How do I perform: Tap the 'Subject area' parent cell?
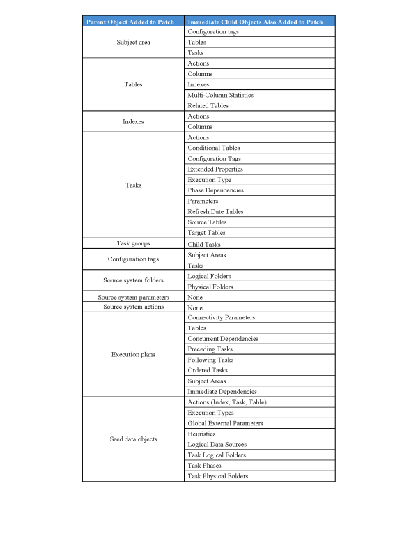pos(133,42)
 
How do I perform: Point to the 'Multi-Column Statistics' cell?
pos(220,95)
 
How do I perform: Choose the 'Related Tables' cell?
pos(208,106)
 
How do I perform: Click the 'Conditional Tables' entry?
pos(214,148)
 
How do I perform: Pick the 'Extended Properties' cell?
pos(215,169)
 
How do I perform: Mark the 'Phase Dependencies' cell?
pos(215,190)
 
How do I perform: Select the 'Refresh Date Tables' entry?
pos(215,211)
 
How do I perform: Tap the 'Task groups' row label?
pos(133,243)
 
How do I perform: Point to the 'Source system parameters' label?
pos(133,297)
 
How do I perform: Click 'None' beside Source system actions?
pos(196,307)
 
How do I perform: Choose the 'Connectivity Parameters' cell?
pos(221,318)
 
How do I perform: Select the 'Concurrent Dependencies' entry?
pos(222,339)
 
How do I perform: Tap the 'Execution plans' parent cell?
pos(133,355)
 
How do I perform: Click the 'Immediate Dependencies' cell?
pos(222,392)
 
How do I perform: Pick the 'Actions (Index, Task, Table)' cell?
pos(227,402)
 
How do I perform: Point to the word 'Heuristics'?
pos(201,434)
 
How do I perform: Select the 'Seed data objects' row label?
pos(133,439)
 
